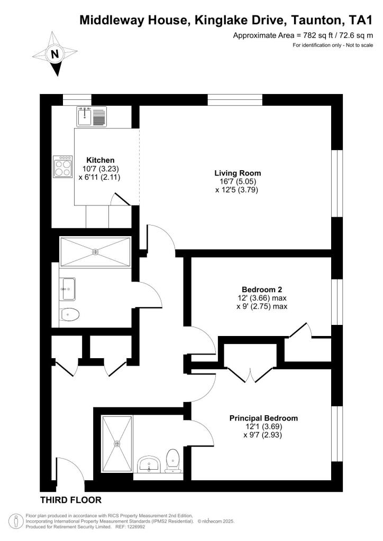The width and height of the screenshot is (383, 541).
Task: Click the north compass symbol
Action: [x=54, y=53]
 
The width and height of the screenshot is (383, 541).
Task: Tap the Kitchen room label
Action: [x=101, y=160]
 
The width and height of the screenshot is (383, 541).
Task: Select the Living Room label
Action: [x=238, y=173]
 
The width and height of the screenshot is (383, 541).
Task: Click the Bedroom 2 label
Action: [x=262, y=290]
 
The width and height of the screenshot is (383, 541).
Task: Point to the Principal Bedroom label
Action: [x=263, y=418]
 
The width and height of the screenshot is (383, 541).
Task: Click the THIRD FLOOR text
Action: [x=71, y=500]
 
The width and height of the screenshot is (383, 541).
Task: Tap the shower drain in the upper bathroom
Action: [x=95, y=252]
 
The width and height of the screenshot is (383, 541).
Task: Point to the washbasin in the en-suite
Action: [x=150, y=465]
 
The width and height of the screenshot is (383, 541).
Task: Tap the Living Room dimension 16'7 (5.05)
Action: [x=238, y=181]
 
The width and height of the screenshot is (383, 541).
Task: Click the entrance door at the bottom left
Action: [x=69, y=473]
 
